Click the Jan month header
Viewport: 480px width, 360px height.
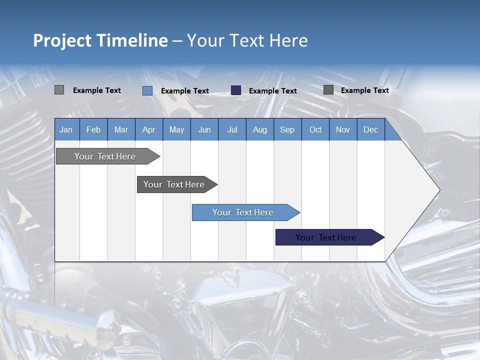coord(66,129)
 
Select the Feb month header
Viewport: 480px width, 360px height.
coord(93,129)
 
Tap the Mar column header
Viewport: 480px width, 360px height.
coord(121,129)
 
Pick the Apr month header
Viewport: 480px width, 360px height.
coord(148,129)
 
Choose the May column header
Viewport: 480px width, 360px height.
coord(176,129)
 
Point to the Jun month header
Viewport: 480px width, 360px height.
coord(204,129)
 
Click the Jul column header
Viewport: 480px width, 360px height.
coord(232,129)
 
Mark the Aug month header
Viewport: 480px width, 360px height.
coord(259,129)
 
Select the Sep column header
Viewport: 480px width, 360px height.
coord(287,129)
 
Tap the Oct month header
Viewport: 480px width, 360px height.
coord(315,129)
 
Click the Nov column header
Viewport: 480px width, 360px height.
coord(343,129)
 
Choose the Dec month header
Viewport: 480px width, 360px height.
coord(370,129)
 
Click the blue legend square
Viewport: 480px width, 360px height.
coord(147,90)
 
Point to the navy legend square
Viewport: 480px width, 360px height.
coord(236,90)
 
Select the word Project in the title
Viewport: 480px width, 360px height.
coord(62,40)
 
